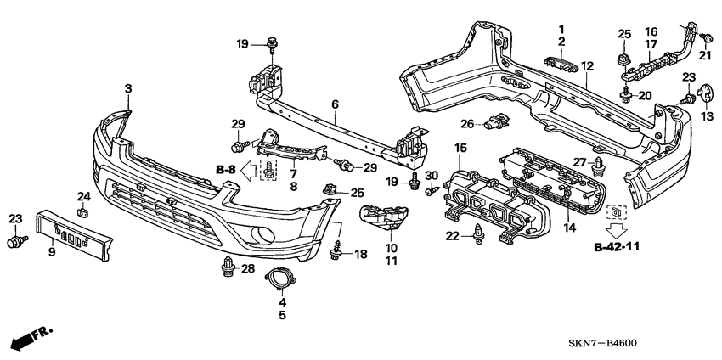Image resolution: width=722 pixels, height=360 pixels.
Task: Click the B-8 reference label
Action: coord(226,171)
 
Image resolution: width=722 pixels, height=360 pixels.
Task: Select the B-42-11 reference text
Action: coord(617,247)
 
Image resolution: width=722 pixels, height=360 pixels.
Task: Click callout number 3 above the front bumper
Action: coord(128,89)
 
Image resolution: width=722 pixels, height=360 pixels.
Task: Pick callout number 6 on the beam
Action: coord(335,104)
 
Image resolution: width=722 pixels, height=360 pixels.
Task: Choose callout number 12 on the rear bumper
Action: coord(587,66)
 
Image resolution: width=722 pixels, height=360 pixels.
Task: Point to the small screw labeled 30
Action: coord(432,188)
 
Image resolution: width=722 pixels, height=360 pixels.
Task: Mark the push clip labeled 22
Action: coord(478,232)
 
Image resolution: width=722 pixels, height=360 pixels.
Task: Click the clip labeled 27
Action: coord(598,167)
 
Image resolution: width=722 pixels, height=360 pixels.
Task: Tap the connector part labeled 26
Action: coord(496,122)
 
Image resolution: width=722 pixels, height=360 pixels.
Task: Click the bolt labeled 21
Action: coord(704,39)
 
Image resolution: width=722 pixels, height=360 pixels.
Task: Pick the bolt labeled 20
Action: coord(625,94)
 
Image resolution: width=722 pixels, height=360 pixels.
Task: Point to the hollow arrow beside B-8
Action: coord(248,171)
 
